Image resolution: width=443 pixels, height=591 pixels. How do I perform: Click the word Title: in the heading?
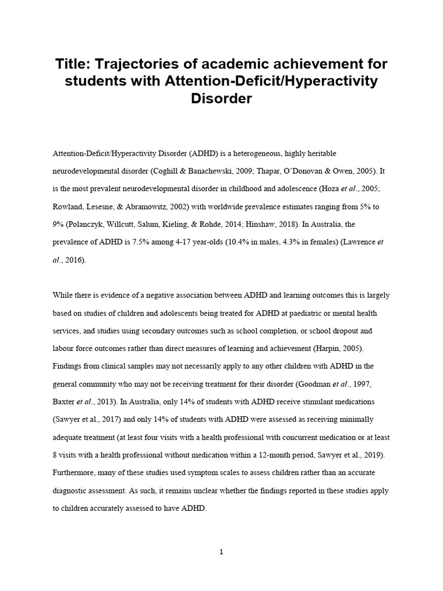[x=74, y=62]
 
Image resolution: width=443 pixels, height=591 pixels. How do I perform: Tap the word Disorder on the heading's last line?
[x=221, y=98]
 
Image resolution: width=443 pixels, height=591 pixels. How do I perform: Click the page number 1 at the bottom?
[x=221, y=552]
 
